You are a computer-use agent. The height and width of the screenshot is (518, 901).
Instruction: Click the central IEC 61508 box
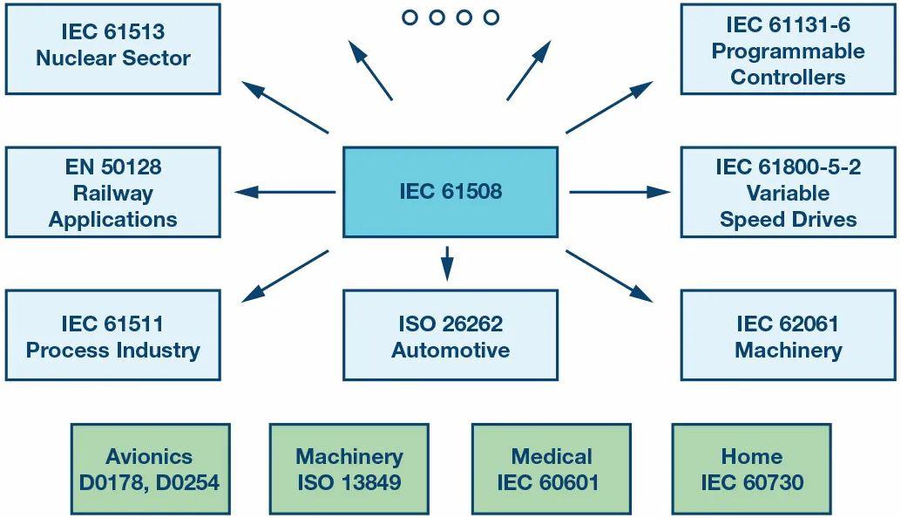click(450, 192)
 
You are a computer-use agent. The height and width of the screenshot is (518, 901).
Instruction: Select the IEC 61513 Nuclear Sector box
click(112, 49)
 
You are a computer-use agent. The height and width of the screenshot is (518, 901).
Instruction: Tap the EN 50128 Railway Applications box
click(112, 192)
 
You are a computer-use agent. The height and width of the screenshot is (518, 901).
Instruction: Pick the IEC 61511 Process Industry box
click(112, 335)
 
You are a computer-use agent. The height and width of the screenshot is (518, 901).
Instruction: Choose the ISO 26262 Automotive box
click(450, 335)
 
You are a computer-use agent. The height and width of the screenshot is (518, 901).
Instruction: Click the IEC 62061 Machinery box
click(788, 335)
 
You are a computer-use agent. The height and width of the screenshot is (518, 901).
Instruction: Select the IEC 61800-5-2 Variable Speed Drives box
click(788, 192)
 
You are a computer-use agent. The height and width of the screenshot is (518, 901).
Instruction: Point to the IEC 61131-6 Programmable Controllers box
click(788, 49)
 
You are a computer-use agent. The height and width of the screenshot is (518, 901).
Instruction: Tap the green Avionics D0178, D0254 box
click(150, 468)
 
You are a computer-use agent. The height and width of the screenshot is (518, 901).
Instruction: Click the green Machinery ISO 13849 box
click(349, 468)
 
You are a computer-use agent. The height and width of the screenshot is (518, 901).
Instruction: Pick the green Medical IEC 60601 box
click(551, 468)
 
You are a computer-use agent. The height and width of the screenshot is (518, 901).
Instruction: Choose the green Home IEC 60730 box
click(751, 468)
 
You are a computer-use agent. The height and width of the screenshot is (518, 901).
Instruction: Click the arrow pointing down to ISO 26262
click(448, 263)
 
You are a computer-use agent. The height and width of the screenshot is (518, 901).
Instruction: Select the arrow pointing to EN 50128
click(285, 192)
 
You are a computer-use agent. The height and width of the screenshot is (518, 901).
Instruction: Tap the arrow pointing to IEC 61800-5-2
click(620, 192)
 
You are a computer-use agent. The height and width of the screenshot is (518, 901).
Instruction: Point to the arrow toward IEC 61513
click(285, 107)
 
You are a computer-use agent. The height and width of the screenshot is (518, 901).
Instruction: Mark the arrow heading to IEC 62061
click(609, 276)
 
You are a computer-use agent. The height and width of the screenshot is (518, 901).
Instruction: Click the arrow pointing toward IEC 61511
click(285, 276)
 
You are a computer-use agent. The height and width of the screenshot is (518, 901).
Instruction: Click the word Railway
click(112, 194)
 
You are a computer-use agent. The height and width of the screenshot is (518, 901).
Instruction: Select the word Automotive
click(450, 350)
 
